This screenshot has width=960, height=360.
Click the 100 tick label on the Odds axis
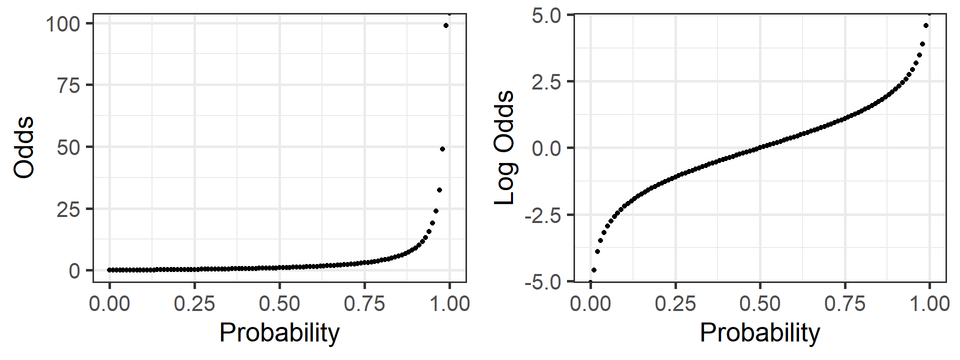pyautogui.click(x=62, y=24)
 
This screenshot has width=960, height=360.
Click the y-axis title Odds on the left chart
pyautogui.click(x=24, y=147)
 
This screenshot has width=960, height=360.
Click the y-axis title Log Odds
pyautogui.click(x=504, y=147)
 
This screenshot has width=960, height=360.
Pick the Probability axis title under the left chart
pyautogui.click(x=279, y=333)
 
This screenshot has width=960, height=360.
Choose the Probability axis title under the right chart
pyautogui.click(x=760, y=333)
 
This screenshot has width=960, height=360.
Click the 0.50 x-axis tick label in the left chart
pyautogui.click(x=279, y=303)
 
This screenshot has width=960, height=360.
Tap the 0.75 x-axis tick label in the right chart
pyautogui.click(x=845, y=303)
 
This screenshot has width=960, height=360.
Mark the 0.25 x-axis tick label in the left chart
pyautogui.click(x=194, y=303)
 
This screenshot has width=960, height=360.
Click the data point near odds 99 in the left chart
pyautogui.click(x=446, y=25)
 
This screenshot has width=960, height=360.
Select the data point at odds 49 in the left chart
pyautogui.click(x=442, y=149)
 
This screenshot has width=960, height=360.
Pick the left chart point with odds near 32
pyautogui.click(x=439, y=190)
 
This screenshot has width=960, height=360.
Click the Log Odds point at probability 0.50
pyautogui.click(x=760, y=148)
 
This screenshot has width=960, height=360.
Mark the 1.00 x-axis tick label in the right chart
pyautogui.click(x=929, y=303)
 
